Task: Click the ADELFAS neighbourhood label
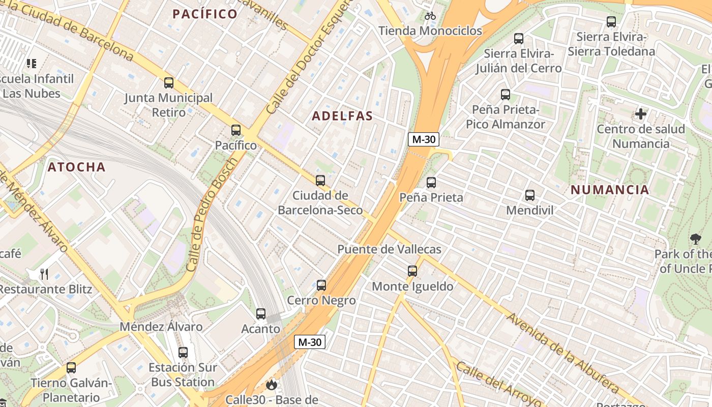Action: tap(342, 116)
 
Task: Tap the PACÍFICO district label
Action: tap(205, 14)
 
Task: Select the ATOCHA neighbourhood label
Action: tap(77, 167)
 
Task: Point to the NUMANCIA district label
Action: tap(610, 190)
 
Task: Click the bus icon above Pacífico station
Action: tap(235, 130)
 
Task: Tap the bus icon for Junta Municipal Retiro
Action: tap(169, 82)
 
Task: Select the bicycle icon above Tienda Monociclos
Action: tap(430, 16)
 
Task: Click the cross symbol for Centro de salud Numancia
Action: tap(641, 114)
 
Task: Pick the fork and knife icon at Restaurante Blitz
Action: tap(44, 274)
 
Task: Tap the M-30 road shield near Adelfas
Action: tap(423, 139)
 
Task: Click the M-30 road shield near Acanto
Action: tap(309, 342)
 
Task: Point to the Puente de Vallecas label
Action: tap(390, 249)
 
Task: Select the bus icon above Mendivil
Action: tap(529, 195)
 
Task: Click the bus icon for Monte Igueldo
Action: tap(412, 271)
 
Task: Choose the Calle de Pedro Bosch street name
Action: tap(212, 215)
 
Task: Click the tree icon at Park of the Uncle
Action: tap(695, 239)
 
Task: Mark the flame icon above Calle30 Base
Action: tap(272, 385)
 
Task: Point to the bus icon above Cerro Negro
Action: tap(321, 285)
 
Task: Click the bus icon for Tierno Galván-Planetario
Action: tap(71, 367)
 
